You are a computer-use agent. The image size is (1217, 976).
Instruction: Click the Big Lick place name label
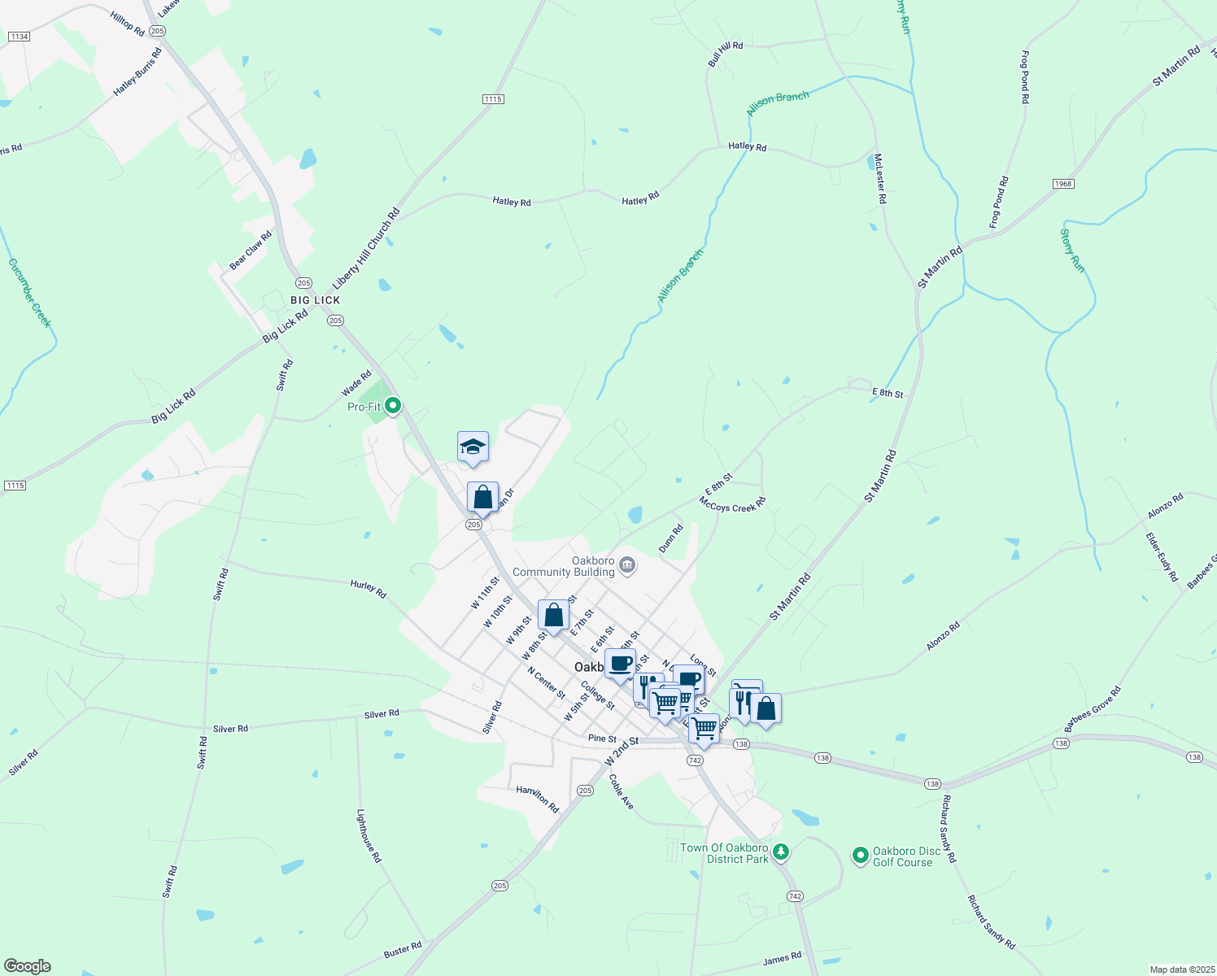point(316,300)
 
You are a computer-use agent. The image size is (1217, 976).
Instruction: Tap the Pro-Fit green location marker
point(394,404)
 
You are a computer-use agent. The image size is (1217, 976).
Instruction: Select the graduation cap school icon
point(473,447)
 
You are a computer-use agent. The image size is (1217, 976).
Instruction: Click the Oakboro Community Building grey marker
point(627,564)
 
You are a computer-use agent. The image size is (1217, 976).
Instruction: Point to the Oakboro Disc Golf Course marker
point(861,856)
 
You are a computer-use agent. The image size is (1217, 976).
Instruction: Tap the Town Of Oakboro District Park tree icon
point(781,851)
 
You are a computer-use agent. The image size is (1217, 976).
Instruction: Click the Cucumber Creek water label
point(30,293)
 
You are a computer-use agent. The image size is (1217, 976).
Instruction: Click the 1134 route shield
point(18,37)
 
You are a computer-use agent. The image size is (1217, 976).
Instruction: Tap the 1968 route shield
point(1063,184)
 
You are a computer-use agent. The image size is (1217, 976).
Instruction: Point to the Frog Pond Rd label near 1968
point(999,203)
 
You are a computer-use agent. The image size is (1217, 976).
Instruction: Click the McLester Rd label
point(880,178)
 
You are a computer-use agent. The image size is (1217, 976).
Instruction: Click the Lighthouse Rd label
point(369,835)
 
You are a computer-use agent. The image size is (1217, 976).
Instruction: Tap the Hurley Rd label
point(369,588)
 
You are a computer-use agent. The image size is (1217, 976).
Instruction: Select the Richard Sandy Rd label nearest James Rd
point(991,922)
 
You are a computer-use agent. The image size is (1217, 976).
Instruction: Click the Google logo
point(27,965)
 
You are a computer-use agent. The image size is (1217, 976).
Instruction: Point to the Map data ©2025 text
point(1181,969)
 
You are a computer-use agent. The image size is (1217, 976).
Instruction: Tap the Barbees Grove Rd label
point(1093,709)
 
